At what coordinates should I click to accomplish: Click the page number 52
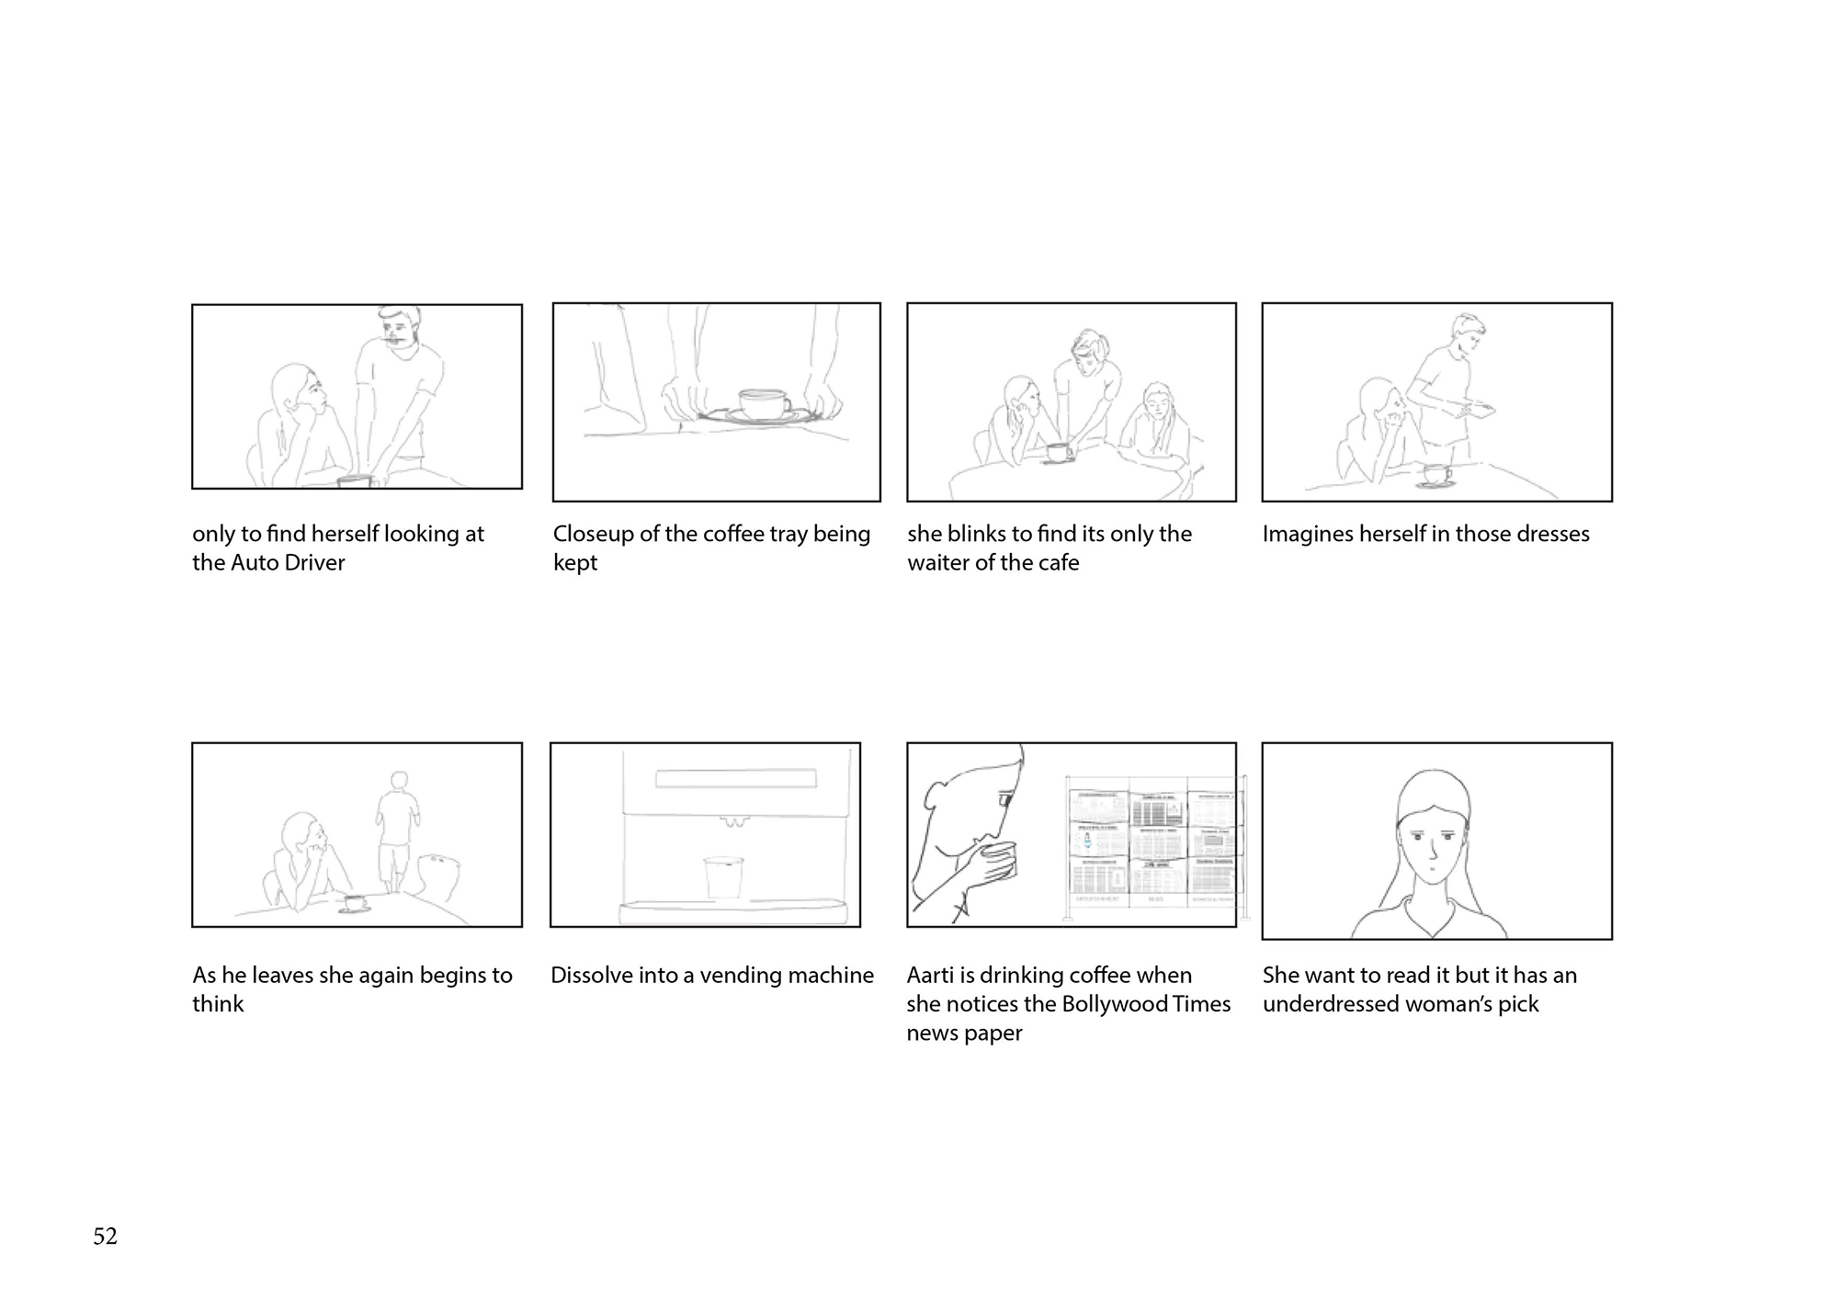[x=105, y=1237]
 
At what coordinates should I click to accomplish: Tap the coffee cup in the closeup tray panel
[x=765, y=403]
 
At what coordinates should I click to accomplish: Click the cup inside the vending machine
[x=723, y=877]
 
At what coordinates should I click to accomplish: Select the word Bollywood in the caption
[x=1114, y=1004]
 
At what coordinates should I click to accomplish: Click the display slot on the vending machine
[x=736, y=779]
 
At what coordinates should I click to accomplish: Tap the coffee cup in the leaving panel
[x=355, y=902]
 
